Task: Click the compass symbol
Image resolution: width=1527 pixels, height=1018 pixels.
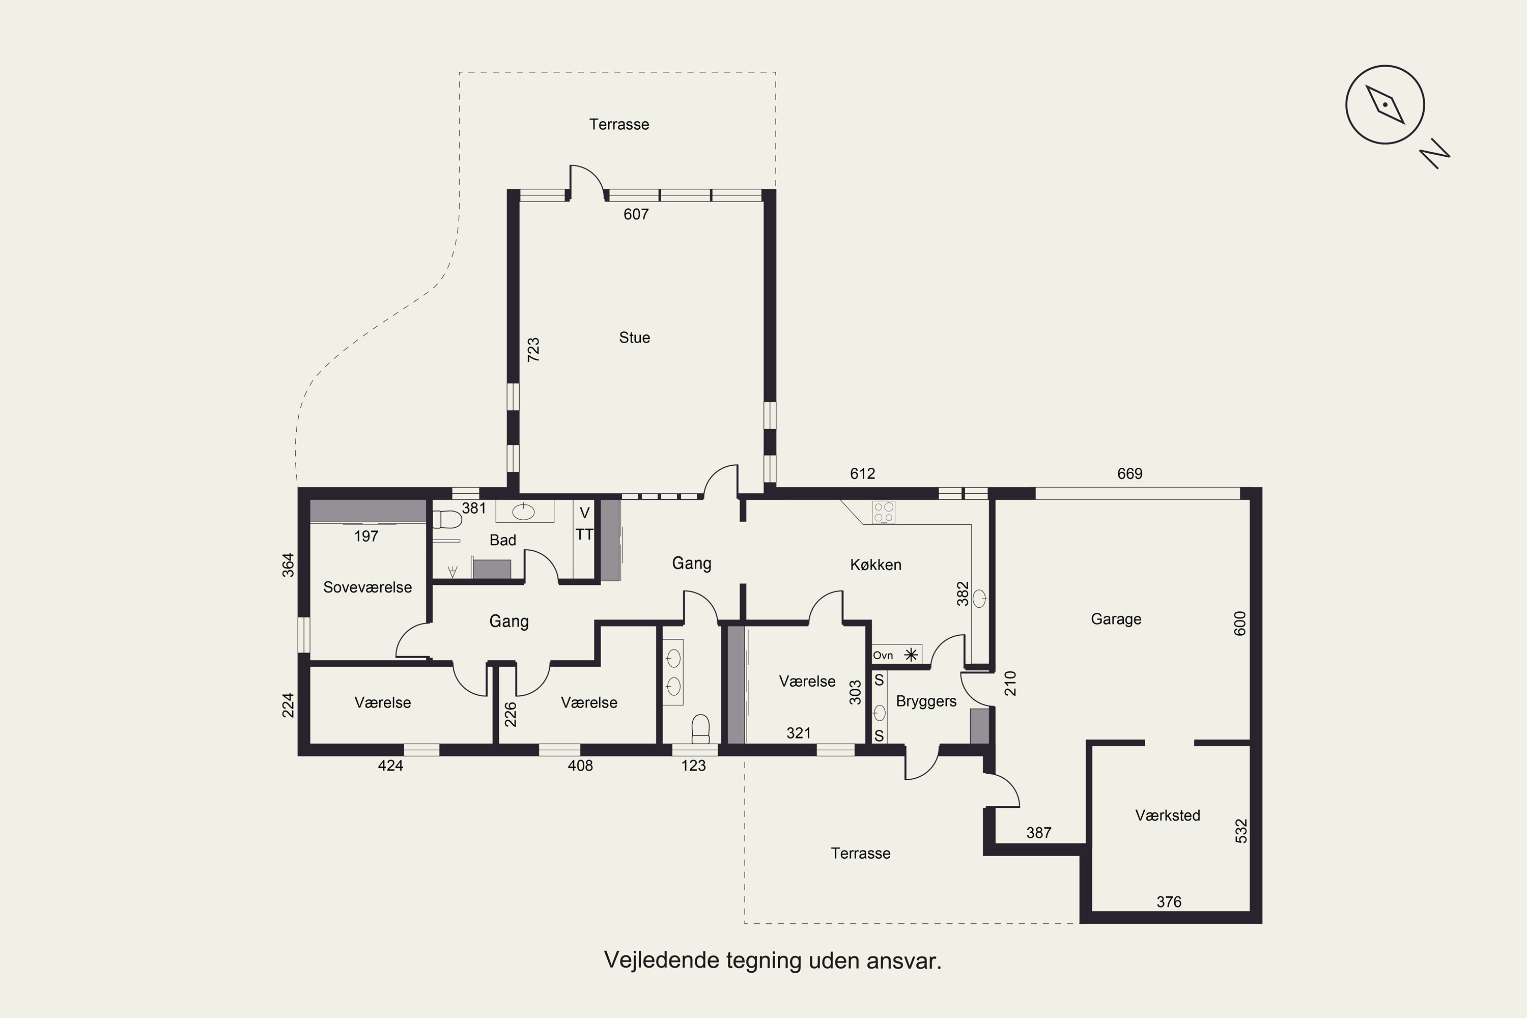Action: click(x=1385, y=104)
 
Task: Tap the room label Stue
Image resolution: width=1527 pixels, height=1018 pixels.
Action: click(x=634, y=337)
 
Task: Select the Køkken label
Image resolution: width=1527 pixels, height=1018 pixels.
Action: click(x=876, y=565)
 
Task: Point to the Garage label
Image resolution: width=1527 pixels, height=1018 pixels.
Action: click(x=1116, y=619)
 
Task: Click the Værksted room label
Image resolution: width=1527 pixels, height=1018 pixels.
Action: click(x=1167, y=815)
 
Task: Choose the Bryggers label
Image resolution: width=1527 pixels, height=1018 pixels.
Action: click(x=926, y=702)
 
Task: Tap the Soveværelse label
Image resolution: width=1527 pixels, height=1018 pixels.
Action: click(x=367, y=587)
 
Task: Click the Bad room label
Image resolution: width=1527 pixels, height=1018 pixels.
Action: click(x=502, y=540)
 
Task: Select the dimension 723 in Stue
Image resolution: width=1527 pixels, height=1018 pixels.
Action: click(x=533, y=350)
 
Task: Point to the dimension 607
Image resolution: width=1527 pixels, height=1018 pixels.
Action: click(x=636, y=214)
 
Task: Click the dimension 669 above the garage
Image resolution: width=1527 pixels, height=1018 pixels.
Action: click(x=1129, y=474)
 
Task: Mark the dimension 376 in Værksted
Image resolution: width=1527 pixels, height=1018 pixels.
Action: click(x=1169, y=902)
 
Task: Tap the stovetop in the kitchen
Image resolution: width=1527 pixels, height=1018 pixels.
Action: click(x=884, y=512)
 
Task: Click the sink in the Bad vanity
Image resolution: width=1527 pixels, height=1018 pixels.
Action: click(x=523, y=512)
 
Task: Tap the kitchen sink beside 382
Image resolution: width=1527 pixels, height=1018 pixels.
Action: click(x=979, y=599)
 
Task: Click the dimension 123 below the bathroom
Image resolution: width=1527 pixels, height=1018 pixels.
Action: click(x=693, y=766)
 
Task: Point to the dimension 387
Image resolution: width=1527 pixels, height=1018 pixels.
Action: click(x=1039, y=833)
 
